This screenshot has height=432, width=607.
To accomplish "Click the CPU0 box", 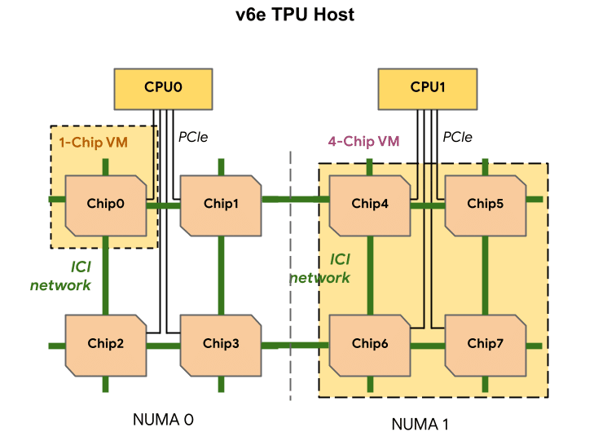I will pos(162,87).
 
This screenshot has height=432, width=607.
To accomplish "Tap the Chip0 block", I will pos(105,204).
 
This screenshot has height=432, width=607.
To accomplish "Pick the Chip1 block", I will pos(221,204).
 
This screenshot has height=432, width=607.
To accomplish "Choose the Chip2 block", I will pos(105,343).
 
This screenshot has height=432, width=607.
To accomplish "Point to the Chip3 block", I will pos(221,343).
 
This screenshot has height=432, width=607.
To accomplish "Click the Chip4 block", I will pos(370,204).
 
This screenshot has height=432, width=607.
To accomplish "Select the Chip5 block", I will pos(486,204).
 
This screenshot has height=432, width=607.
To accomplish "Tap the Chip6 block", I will pos(370,343).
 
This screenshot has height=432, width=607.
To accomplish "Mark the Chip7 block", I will pos(486,343).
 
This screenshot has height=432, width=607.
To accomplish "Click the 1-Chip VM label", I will pos(93,142).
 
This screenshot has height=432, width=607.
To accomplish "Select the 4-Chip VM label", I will pos(363,141).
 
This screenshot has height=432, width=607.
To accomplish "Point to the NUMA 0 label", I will pos(163,420).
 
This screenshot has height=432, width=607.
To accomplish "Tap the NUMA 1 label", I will pos(420,423).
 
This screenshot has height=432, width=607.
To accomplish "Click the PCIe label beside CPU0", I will pos(193,137).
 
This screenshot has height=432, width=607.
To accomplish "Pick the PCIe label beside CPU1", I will pos(458,137).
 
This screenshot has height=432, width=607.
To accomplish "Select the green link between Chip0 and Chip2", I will pos(105,275).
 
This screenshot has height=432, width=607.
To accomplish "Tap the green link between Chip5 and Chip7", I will pos(486,275).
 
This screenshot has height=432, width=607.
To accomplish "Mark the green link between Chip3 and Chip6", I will pos(295,346).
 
